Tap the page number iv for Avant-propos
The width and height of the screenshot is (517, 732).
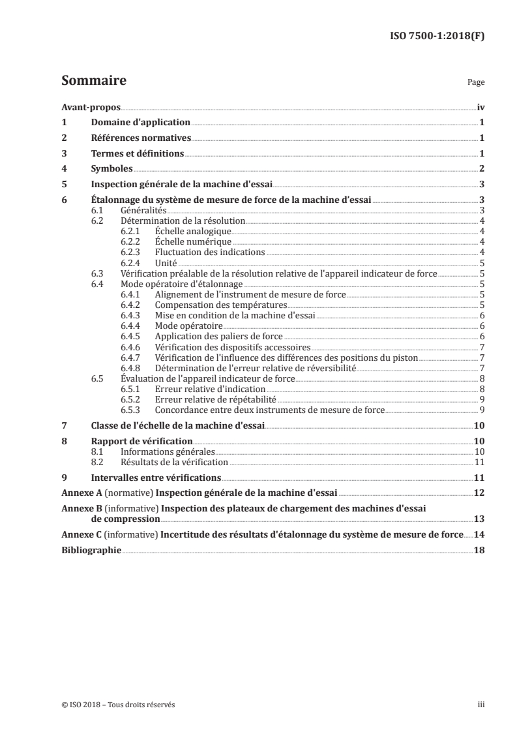480,107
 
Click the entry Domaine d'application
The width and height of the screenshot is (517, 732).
140,123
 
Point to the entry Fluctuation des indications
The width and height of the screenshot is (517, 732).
209,252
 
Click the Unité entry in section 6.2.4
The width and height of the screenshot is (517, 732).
166,263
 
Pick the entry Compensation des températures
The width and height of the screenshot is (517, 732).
221,305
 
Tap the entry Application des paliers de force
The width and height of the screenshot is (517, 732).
218,336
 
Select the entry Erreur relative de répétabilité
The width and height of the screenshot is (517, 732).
215,399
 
